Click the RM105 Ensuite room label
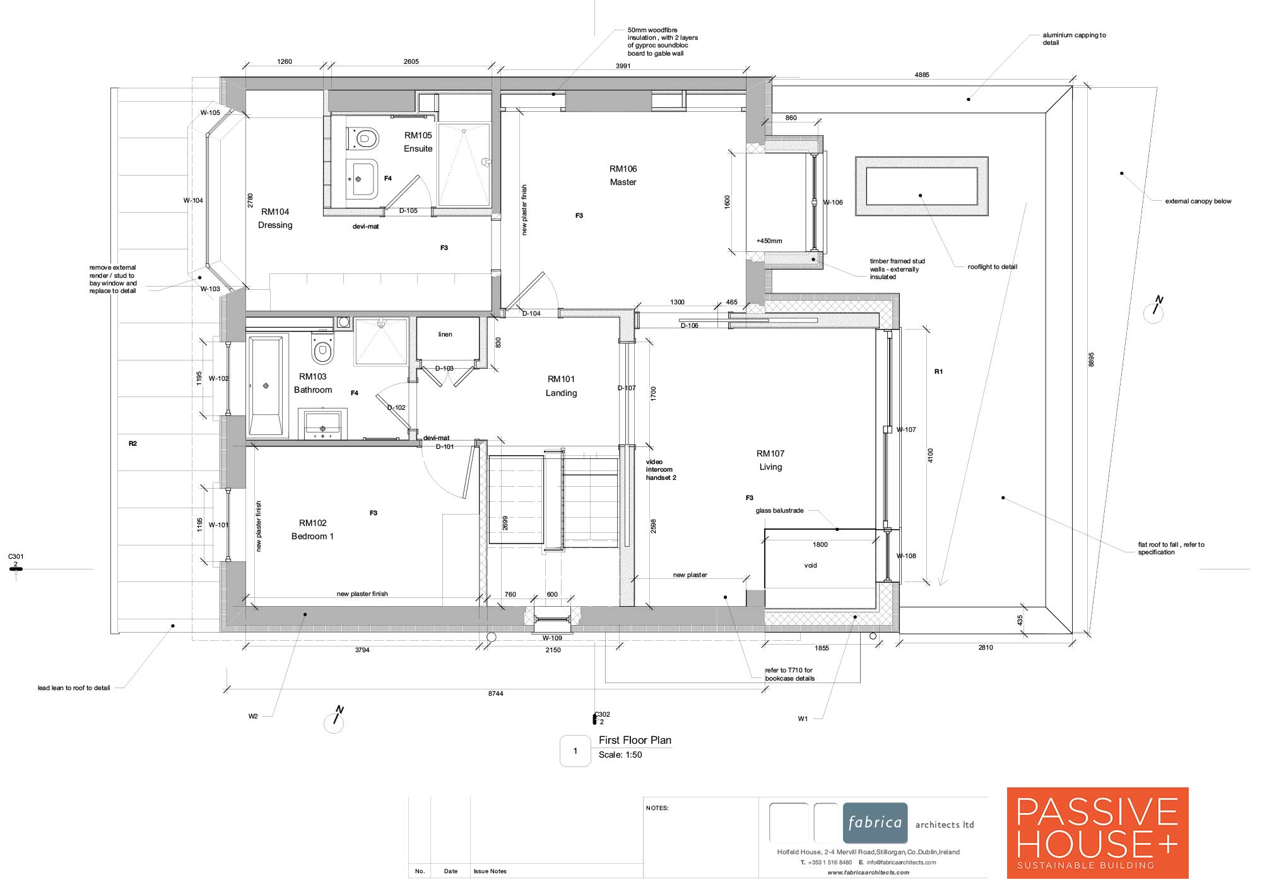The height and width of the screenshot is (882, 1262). pos(418,142)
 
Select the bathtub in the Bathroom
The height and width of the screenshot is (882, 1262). pos(266,386)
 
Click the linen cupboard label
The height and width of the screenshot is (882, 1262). pos(445,335)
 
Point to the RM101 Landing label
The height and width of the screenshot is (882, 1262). pos(562,386)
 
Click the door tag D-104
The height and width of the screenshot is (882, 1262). pos(531,314)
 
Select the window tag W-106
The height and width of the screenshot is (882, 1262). pos(833,203)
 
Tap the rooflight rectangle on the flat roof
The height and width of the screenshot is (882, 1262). pos(921,186)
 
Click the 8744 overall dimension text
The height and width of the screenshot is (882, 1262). pos(496,694)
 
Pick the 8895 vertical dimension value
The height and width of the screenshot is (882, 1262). pos(1092,359)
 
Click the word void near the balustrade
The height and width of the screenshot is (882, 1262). pos(811,566)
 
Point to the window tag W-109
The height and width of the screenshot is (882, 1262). pos(552,638)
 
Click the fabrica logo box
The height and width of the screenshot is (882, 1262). pos(875,823)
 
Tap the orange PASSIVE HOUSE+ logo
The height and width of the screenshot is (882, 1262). pos(1097,833)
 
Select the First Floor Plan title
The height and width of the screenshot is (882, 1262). pos(635,741)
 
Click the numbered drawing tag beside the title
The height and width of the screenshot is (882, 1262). pos(575,751)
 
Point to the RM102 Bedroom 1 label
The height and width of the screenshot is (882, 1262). pos(313,530)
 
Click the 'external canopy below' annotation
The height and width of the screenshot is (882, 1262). pos(1198,201)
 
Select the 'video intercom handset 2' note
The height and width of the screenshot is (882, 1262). pos(661,470)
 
